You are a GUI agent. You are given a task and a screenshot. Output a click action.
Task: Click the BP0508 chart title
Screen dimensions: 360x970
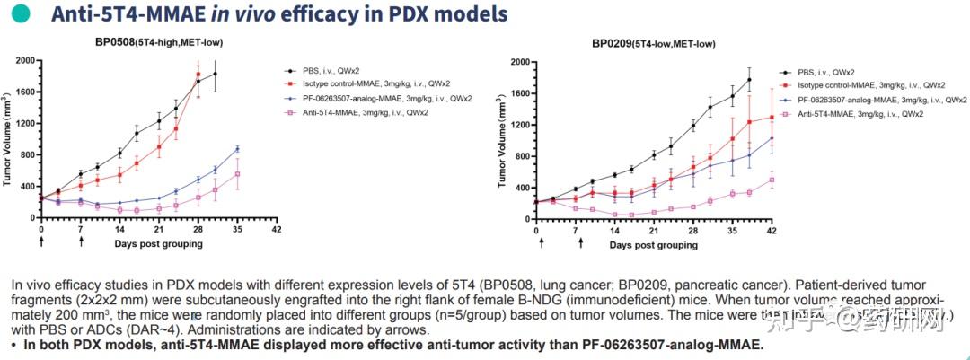(x=159, y=42)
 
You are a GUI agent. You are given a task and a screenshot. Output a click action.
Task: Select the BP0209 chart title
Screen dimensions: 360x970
(x=654, y=43)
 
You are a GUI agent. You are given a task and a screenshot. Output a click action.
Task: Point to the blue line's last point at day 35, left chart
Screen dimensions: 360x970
(x=237, y=149)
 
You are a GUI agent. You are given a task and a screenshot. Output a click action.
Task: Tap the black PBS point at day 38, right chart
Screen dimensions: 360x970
(x=749, y=80)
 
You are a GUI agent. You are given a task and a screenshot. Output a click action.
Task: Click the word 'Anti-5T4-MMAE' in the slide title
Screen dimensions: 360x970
(x=116, y=14)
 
